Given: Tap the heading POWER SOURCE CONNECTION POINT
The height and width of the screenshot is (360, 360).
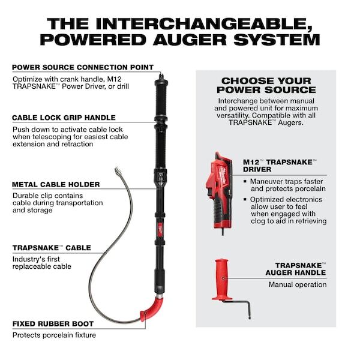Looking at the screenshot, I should (83, 67).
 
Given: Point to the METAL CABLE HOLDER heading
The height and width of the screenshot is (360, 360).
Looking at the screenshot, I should (56, 184).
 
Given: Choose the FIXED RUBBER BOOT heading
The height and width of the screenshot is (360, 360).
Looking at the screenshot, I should (53, 324).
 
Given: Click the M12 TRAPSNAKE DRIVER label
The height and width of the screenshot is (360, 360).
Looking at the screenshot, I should (281, 166).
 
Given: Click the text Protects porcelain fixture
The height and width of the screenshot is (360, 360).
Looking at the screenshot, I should (54, 335).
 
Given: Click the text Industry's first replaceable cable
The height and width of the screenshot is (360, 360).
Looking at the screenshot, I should (42, 262).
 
